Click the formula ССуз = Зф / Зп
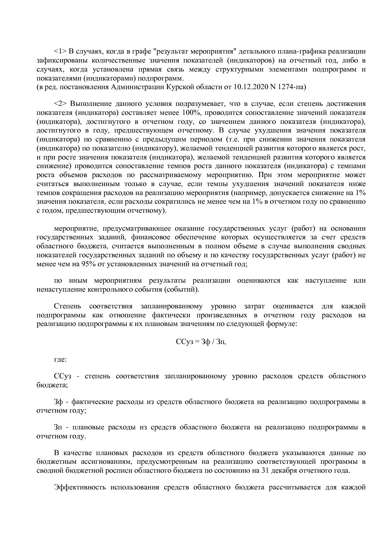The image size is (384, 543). pyautogui.click(x=201, y=342)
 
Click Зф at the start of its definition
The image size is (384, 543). pyautogui.click(x=59, y=402)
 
